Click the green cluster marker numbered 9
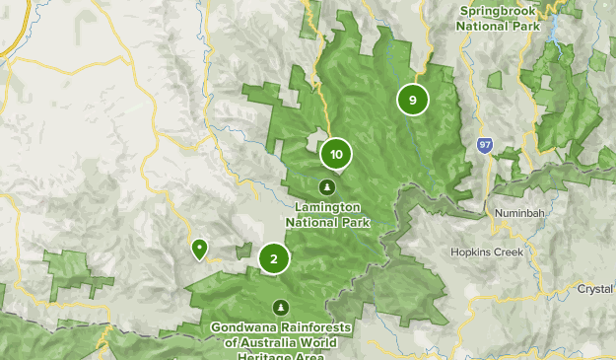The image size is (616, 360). point(412,99)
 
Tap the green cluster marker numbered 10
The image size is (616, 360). point(336,154)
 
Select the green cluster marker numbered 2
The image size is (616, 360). point(273,258)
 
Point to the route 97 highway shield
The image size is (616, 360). point(484,145)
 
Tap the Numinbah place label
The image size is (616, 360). point(515,212)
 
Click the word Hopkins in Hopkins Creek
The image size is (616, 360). point(473,252)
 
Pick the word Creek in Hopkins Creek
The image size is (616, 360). point(515,252)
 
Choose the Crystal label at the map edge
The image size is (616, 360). point(596,289)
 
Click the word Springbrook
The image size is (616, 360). point(500,11)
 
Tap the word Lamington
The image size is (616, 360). point(327,207)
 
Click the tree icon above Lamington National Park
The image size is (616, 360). point(327,186)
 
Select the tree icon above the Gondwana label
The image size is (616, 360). point(282,307)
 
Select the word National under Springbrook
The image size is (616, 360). point(488,26)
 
